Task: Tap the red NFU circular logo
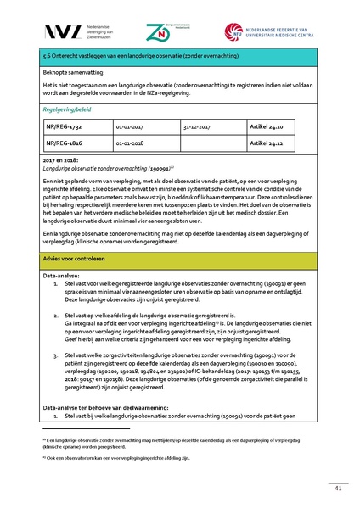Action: point(233,31)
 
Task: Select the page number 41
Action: point(337,488)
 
